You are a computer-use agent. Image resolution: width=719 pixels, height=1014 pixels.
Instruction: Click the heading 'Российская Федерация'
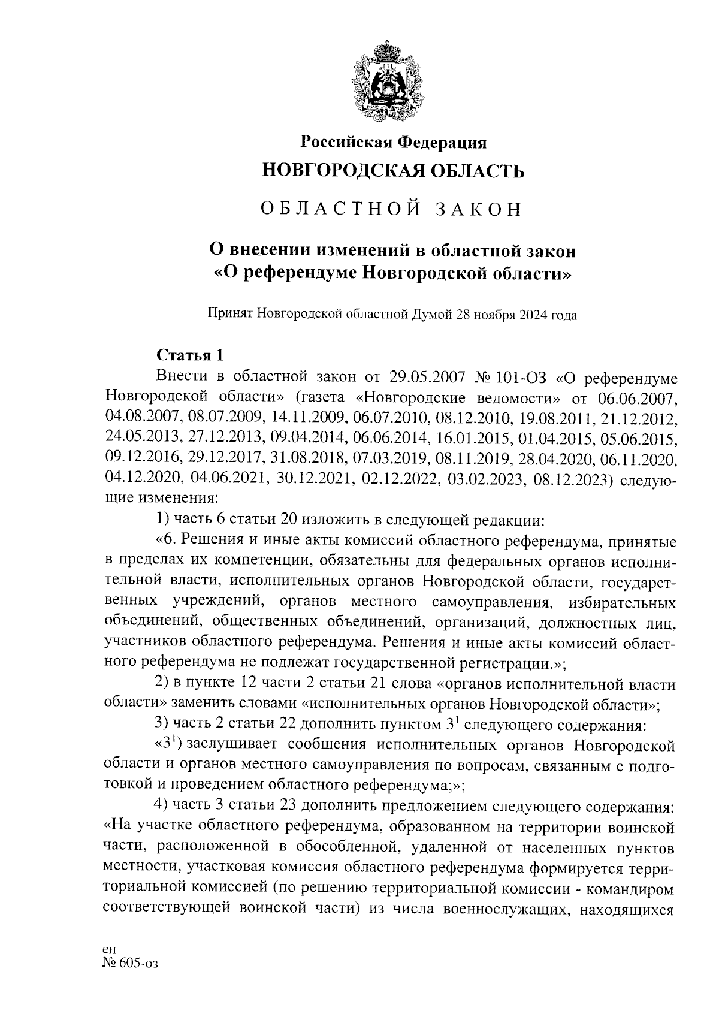tap(393, 142)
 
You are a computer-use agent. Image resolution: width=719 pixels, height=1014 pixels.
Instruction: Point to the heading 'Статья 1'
tap(189, 355)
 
